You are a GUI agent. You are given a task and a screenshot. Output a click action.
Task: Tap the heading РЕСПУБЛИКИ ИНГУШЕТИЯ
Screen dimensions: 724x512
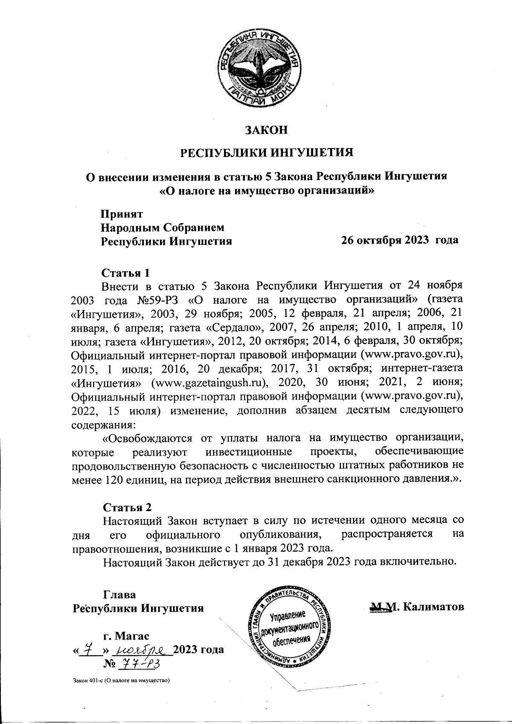click(265, 152)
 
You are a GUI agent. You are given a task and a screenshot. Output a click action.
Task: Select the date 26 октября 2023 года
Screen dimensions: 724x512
click(399, 240)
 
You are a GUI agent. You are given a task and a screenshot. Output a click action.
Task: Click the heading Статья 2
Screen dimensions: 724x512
click(127, 507)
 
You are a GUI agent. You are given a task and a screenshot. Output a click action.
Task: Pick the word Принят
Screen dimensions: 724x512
click(121, 213)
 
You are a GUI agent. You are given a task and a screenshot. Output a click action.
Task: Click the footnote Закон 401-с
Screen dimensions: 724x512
click(122, 680)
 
